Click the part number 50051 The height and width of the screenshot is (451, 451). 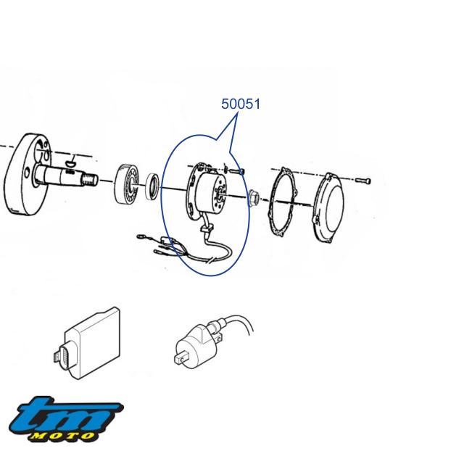point(241,104)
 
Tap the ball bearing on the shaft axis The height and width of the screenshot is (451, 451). point(127,184)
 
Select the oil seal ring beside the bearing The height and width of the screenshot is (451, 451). point(152,186)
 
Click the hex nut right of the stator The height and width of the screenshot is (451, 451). point(254,198)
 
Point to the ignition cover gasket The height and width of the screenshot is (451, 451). point(283,202)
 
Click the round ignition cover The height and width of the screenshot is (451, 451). point(328,207)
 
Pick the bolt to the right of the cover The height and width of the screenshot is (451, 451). point(363,181)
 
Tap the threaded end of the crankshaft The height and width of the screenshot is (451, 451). point(90,180)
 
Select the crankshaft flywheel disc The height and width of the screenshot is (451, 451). point(28,174)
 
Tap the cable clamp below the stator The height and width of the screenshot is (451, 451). point(207,228)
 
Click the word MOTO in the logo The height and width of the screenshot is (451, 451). point(62,436)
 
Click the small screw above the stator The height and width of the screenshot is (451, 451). point(234,171)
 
